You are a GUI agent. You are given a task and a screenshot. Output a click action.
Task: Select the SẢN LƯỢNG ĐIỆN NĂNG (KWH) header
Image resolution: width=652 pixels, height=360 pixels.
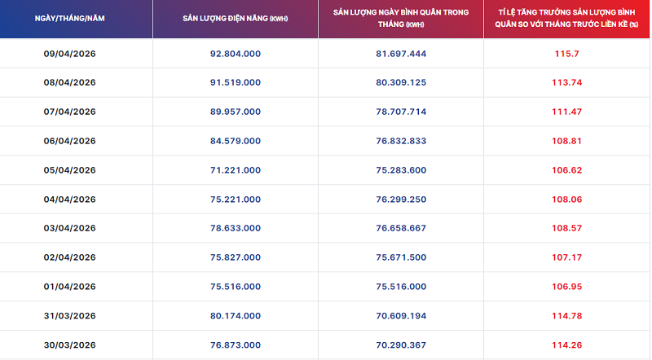tap(235, 18)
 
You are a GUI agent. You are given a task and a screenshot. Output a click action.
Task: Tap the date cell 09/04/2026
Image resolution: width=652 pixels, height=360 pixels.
tap(69, 53)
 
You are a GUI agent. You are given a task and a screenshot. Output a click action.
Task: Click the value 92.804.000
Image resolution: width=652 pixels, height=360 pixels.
tap(235, 53)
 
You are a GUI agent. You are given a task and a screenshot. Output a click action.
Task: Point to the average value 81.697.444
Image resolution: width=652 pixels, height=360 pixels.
tap(401, 53)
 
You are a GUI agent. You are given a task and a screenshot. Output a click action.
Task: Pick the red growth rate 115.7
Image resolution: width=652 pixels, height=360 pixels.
tap(566, 53)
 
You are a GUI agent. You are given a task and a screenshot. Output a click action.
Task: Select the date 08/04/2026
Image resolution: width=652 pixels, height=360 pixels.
tap(69, 82)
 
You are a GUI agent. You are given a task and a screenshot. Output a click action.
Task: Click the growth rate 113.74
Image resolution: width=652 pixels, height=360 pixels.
tap(566, 82)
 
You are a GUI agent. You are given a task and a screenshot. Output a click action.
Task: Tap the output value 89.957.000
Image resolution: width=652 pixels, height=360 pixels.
tap(235, 112)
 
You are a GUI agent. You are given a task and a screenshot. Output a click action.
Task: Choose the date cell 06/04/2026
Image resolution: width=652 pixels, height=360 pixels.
tap(69, 141)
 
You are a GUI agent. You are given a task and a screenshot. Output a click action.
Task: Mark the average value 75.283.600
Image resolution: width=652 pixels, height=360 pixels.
tap(401, 170)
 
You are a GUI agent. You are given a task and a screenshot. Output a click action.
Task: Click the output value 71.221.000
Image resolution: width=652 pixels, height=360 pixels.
tap(235, 170)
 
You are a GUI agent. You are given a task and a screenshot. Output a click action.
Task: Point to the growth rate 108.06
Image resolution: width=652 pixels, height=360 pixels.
tap(566, 199)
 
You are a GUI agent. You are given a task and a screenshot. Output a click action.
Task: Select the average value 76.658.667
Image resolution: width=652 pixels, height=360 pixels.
tap(401, 228)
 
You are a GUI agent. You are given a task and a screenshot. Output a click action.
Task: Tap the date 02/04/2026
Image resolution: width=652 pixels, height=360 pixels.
tap(69, 257)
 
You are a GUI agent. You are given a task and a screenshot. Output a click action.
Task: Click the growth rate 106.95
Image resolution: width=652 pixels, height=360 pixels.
tap(566, 287)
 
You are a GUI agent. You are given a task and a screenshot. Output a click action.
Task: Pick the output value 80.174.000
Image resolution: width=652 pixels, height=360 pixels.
tap(235, 316)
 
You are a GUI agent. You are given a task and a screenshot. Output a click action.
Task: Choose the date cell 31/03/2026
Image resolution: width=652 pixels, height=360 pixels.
tap(69, 316)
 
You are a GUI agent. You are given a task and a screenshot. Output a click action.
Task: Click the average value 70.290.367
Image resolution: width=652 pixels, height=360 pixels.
tap(401, 345)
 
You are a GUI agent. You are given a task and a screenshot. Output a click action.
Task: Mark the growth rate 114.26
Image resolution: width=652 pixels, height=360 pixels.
tap(566, 345)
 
